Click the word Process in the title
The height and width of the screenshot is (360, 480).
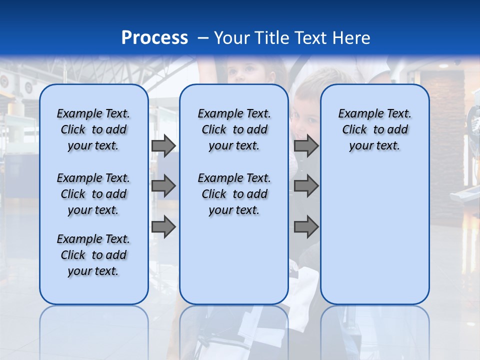point(154,37)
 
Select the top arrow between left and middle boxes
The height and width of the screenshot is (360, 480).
point(163,146)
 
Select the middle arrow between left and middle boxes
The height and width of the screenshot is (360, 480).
point(163,186)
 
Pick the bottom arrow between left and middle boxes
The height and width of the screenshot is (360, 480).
point(163,226)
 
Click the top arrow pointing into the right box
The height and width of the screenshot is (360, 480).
point(306,146)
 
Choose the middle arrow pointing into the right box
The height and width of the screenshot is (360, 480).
point(306,186)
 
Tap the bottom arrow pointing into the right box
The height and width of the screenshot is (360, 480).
point(306,226)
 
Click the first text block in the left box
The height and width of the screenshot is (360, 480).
point(93,129)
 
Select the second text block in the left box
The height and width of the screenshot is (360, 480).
point(93,194)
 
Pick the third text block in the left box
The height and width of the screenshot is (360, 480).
point(93,255)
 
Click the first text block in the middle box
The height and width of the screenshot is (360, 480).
point(234,129)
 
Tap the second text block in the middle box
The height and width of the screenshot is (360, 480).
point(234,194)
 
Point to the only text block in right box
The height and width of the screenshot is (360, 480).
point(374,129)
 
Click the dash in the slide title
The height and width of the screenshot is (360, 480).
point(202,38)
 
